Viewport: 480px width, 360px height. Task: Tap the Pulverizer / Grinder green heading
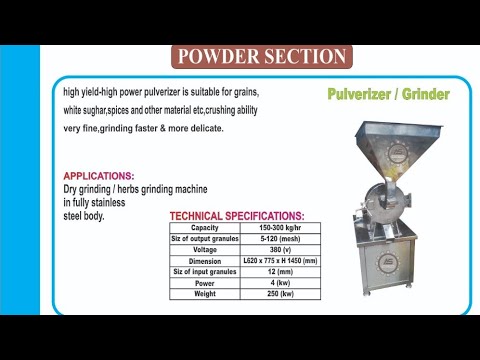388,95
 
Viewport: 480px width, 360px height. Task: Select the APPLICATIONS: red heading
99,175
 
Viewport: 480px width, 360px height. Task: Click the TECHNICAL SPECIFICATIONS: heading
237,216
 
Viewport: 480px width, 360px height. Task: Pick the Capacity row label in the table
205,228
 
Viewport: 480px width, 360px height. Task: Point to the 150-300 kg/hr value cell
279,228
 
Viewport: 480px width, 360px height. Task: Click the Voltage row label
205,249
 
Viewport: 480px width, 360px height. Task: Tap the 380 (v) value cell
279,249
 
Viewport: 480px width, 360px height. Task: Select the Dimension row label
205,260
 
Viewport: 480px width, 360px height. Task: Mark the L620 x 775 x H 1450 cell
279,260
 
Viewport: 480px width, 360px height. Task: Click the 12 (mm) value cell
279,271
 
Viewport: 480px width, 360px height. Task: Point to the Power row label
205,282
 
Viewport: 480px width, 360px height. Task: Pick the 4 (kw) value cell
279,282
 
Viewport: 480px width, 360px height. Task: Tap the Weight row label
205,293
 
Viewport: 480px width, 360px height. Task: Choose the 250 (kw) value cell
279,293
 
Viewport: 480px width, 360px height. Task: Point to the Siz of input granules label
205,271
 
